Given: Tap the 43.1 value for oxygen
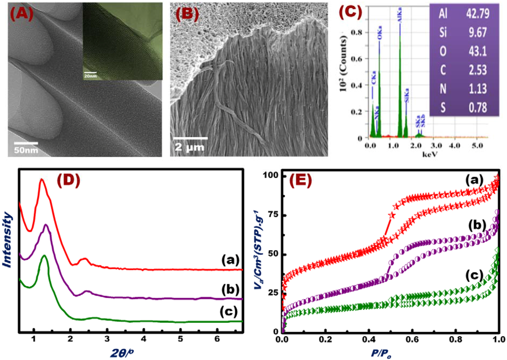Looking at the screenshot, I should click(473, 51).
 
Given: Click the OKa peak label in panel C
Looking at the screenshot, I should click(380, 48).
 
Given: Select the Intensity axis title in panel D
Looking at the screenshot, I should click(8, 240).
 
